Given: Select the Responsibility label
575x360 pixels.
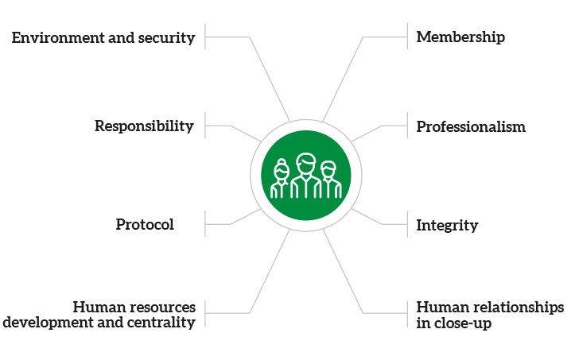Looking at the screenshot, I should (x=144, y=126).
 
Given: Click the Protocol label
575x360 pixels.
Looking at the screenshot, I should (x=145, y=225).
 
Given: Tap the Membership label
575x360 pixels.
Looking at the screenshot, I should (x=460, y=37).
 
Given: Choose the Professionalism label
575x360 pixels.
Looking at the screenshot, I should (x=471, y=126).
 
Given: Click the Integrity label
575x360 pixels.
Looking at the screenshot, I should (x=447, y=225).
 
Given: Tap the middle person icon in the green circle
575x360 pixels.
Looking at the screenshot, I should (x=305, y=176).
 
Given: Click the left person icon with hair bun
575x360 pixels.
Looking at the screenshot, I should (x=281, y=180).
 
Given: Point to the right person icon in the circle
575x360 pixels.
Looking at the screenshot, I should (x=329, y=180).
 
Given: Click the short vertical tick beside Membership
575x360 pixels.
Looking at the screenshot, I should (x=406, y=37).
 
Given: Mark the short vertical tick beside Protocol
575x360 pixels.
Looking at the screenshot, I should (x=205, y=224).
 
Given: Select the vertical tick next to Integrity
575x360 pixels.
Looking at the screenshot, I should (x=406, y=224).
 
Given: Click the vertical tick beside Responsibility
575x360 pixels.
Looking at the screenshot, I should (x=205, y=126).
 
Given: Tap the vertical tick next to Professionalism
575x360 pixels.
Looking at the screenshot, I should (x=406, y=126).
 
